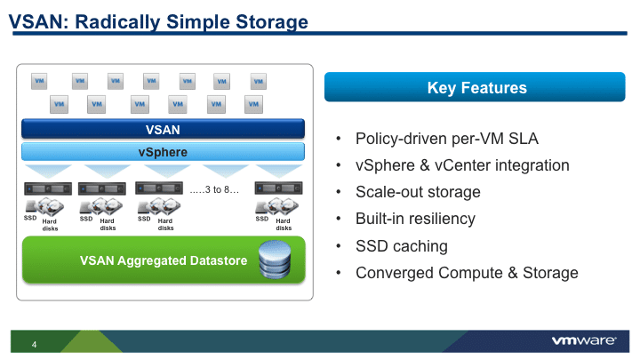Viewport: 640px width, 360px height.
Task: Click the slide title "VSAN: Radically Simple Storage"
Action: click(159, 21)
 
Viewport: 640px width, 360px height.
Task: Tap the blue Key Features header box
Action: click(476, 87)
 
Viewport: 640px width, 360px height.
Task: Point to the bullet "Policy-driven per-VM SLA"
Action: click(447, 140)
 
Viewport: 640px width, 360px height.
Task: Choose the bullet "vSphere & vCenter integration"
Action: click(462, 165)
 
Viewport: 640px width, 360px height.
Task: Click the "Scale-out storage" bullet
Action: click(418, 192)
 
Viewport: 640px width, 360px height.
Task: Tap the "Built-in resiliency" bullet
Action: click(415, 219)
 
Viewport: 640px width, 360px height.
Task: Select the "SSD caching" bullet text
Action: click(401, 245)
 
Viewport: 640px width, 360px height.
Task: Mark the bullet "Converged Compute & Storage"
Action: click(467, 273)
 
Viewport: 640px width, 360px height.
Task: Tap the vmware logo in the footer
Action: click(586, 341)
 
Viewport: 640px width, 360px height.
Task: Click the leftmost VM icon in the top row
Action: click(40, 82)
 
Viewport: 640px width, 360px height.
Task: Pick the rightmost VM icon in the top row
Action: click(258, 82)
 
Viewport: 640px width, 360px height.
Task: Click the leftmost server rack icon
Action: click(39, 188)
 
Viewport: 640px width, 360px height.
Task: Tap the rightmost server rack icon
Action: click(272, 188)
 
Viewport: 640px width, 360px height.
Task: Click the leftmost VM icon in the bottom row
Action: click(59, 104)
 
